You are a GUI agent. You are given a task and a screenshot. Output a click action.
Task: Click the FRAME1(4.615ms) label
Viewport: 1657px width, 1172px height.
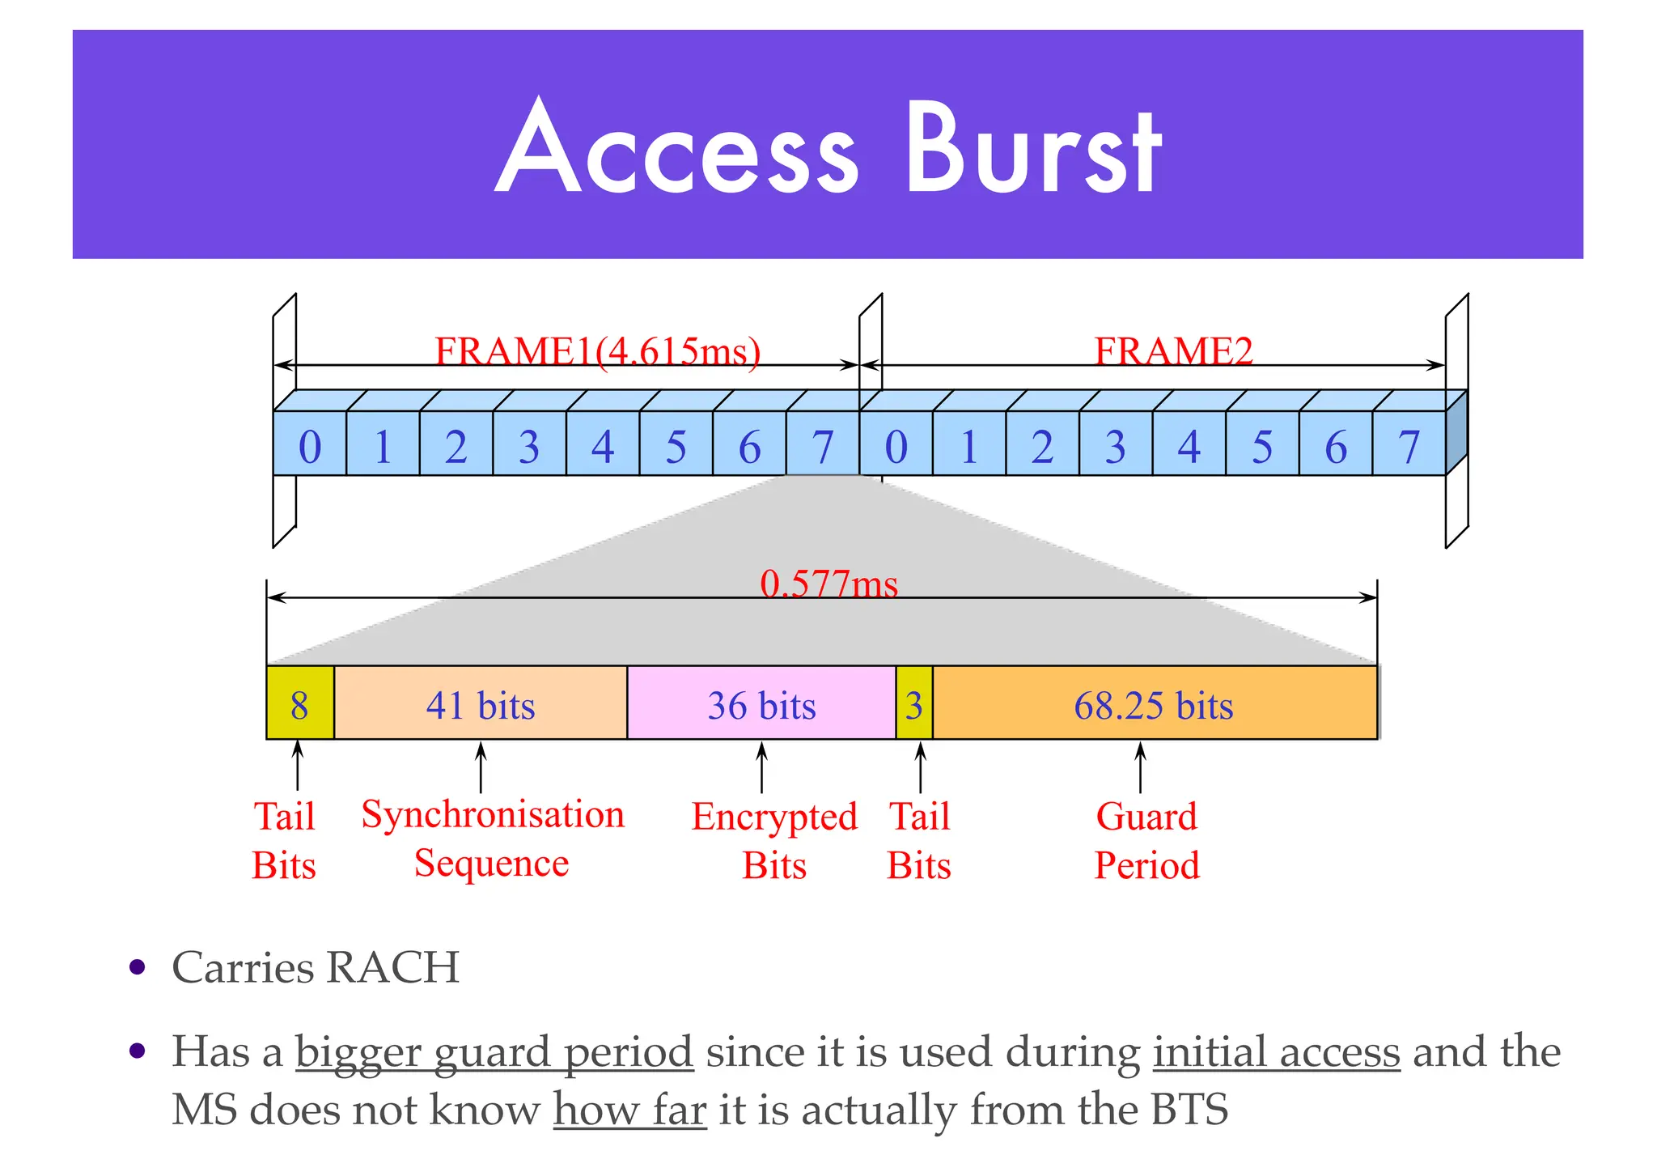pyautogui.click(x=597, y=351)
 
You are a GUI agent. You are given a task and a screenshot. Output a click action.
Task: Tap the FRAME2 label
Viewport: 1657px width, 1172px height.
pyautogui.click(x=1173, y=351)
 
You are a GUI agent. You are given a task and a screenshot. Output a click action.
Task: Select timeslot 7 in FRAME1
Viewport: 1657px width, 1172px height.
pyautogui.click(x=822, y=445)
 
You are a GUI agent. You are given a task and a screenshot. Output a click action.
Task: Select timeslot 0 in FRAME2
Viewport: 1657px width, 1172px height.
pyautogui.click(x=896, y=445)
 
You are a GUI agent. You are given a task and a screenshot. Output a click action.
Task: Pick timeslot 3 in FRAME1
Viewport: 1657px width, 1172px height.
pyautogui.click(x=529, y=445)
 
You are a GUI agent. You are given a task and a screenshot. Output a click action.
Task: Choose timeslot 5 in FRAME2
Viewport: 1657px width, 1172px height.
pyautogui.click(x=1262, y=445)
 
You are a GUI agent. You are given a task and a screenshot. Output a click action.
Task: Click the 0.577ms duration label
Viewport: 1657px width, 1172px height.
pyautogui.click(x=828, y=584)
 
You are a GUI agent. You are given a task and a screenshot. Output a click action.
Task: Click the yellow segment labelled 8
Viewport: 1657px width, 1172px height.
pyautogui.click(x=299, y=703)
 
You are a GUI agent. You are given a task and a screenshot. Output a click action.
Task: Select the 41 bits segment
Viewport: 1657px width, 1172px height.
pyautogui.click(x=481, y=704)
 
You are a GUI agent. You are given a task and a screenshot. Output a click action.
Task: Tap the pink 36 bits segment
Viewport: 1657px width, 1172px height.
pyautogui.click(x=761, y=704)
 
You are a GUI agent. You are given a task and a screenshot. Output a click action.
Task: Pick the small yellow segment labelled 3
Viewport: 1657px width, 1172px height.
pyautogui.click(x=914, y=704)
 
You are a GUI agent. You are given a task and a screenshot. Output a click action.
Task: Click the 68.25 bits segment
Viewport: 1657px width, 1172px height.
pyautogui.click(x=1154, y=704)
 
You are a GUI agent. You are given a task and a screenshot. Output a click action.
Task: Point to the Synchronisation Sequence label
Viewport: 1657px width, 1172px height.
pyautogui.click(x=492, y=838)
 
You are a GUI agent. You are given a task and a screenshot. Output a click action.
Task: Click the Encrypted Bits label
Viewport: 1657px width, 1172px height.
pyautogui.click(x=774, y=840)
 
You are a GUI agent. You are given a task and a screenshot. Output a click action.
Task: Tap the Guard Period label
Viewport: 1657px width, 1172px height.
pyautogui.click(x=1146, y=840)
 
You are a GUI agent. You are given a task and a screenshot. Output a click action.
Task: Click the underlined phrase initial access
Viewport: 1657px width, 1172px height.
pyautogui.click(x=1276, y=1052)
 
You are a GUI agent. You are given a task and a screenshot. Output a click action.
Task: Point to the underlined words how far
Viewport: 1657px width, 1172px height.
pyautogui.click(x=629, y=1109)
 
